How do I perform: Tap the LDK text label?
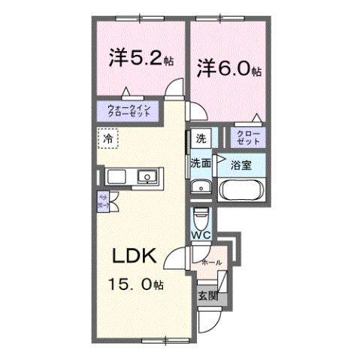coord(135,256)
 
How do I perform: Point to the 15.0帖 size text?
coord(137,284)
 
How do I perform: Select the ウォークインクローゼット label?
coord(129,110)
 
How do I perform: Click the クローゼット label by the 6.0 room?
coord(247,137)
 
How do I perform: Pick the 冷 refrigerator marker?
coord(107,138)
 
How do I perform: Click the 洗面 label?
coord(200,162)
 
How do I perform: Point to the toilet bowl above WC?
coord(201,218)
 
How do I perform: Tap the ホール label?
coord(212,262)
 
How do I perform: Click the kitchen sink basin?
coord(147,178)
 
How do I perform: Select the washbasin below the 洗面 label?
coord(200,187)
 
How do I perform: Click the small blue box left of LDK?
coord(104,201)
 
